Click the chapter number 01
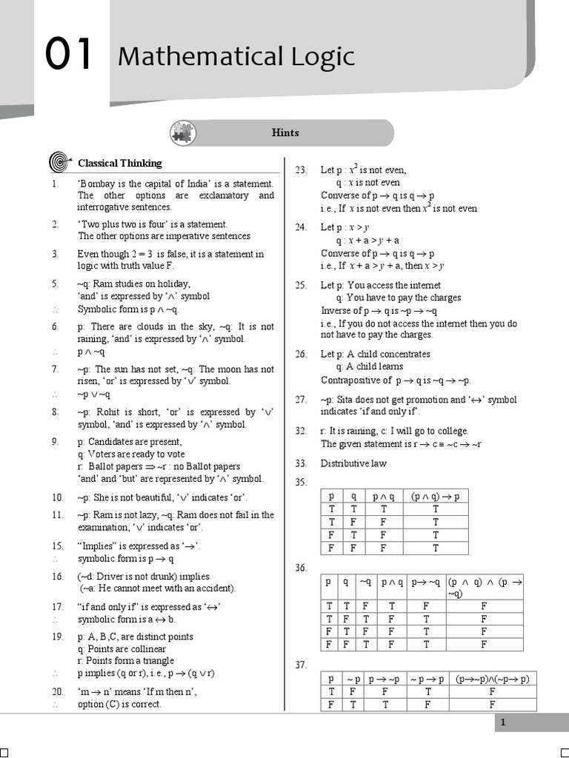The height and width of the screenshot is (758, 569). (x=68, y=56)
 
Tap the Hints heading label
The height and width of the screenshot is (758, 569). (x=285, y=133)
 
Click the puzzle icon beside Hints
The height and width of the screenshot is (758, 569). (x=182, y=133)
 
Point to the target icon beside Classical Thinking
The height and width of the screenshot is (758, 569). (x=59, y=163)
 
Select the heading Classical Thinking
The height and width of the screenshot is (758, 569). (x=120, y=163)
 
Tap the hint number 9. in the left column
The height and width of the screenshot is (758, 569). (x=56, y=442)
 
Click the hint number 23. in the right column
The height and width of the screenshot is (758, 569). (x=301, y=170)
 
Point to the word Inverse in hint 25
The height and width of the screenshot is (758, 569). (x=336, y=311)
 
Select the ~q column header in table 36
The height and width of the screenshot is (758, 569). (x=365, y=582)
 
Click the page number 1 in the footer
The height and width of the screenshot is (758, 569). (x=503, y=722)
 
